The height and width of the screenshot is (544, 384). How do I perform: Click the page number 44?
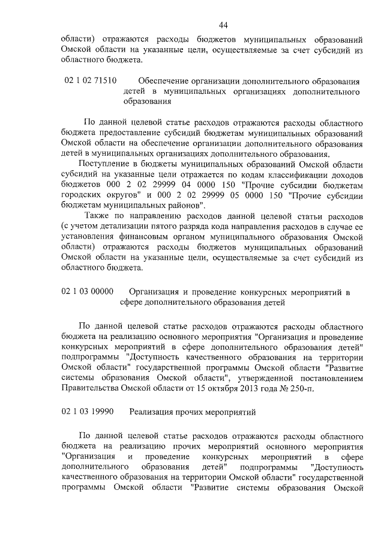(223, 25)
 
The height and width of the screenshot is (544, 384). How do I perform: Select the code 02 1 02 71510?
(89, 80)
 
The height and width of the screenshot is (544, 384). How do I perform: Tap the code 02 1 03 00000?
(88, 292)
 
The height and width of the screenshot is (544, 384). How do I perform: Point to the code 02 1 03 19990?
(88, 412)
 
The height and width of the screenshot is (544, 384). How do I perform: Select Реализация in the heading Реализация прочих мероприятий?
(153, 412)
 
